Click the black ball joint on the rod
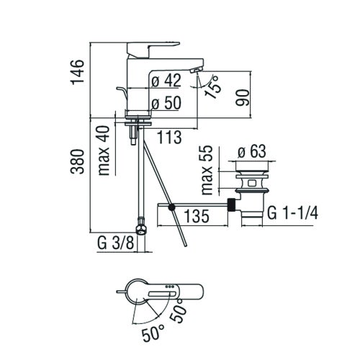point(171,209)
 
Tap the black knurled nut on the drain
point(232,204)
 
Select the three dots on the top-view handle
point(170,290)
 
